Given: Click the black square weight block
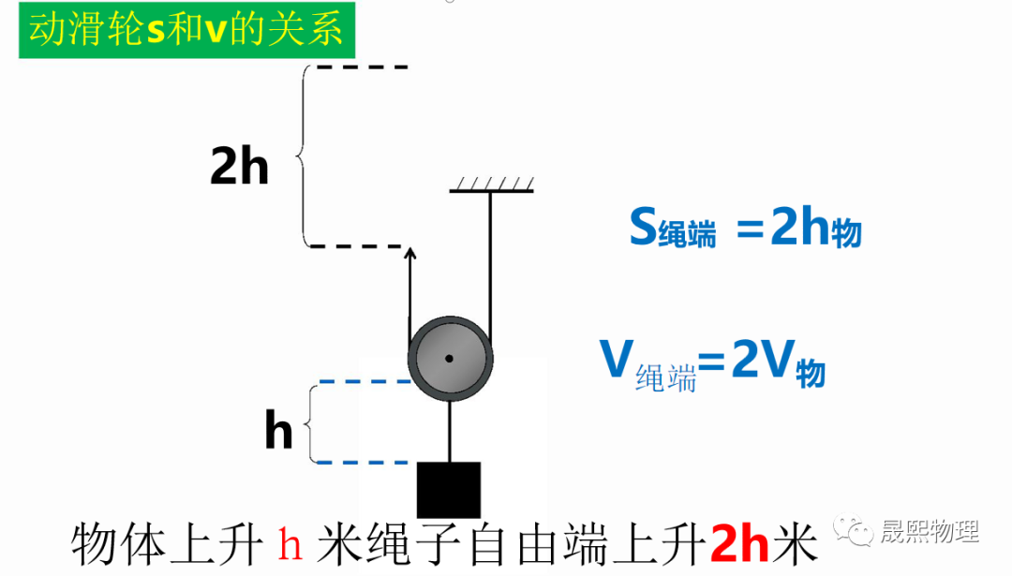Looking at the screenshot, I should tap(449, 490).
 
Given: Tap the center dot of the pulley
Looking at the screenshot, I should tap(450, 358).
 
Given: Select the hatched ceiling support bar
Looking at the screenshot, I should tap(491, 185).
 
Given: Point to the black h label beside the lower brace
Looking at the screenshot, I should tap(278, 432).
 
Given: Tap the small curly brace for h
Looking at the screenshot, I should tap(311, 422).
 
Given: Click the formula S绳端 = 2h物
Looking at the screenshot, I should tap(745, 228).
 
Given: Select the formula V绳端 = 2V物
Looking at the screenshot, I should tap(712, 362).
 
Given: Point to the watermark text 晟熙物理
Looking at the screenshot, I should tap(930, 532).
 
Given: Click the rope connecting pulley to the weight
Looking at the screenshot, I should tap(450, 431).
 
